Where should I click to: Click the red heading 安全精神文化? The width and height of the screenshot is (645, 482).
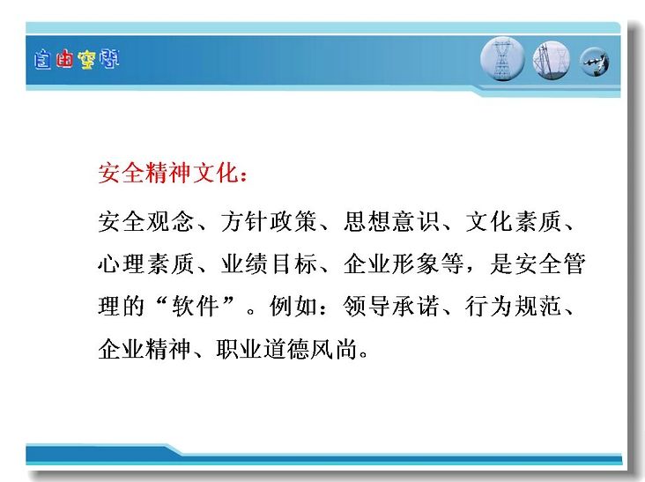point(168,173)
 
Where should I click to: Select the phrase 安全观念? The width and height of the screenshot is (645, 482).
point(145,221)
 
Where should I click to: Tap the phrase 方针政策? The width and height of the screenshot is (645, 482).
point(269,221)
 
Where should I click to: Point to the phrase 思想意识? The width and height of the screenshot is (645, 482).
point(391,221)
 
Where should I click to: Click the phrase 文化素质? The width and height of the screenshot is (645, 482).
point(514,221)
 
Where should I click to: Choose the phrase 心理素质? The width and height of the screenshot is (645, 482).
point(145,263)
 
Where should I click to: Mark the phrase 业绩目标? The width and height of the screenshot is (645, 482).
point(269,263)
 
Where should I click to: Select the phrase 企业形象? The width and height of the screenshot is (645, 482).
point(391,263)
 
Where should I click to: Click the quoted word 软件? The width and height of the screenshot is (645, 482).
point(195,306)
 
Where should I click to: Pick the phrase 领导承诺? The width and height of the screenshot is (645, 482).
point(391,306)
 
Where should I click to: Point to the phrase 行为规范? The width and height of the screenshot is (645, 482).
point(514,306)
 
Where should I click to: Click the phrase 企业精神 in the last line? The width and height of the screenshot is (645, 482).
point(145,349)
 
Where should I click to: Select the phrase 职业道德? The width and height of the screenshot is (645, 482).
point(263,349)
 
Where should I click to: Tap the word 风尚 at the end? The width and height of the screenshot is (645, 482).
point(334,349)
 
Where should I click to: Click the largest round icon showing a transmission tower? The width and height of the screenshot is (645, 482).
point(502,59)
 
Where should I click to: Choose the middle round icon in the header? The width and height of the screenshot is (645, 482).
point(552,61)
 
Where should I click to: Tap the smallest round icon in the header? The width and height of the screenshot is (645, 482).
point(595,62)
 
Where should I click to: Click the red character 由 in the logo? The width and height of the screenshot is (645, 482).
point(64,60)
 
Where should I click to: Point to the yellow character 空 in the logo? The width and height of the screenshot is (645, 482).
point(86,60)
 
